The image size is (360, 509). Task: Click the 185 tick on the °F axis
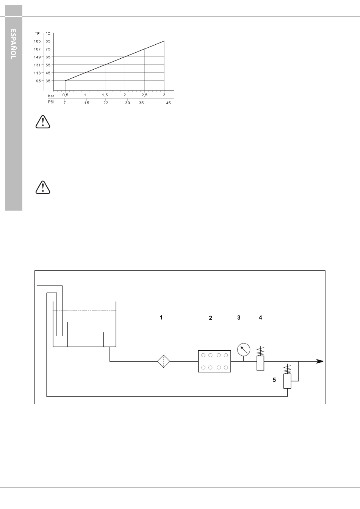[37, 41]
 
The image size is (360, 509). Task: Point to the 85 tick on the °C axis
[48, 41]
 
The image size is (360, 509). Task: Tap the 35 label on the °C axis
[48, 81]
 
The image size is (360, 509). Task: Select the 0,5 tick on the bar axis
[65, 95]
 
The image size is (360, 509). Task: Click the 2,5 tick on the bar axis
[144, 95]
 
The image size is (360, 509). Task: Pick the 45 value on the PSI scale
[168, 103]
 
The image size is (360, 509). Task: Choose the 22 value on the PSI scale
[105, 103]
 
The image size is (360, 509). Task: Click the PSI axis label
[51, 102]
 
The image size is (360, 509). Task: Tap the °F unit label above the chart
[37, 34]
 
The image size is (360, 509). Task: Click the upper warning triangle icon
[43, 122]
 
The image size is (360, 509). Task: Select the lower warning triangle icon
[43, 187]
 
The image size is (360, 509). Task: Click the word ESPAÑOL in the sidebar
[13, 44]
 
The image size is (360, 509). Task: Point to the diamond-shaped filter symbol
[163, 361]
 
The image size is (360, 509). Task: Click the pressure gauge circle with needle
[244, 350]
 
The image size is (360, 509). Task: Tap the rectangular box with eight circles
[214, 361]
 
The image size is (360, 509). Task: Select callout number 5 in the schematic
[274, 380]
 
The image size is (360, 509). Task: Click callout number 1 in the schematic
[161, 317]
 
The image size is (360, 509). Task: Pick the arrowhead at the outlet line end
[320, 361]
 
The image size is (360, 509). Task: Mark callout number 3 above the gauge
[239, 317]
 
